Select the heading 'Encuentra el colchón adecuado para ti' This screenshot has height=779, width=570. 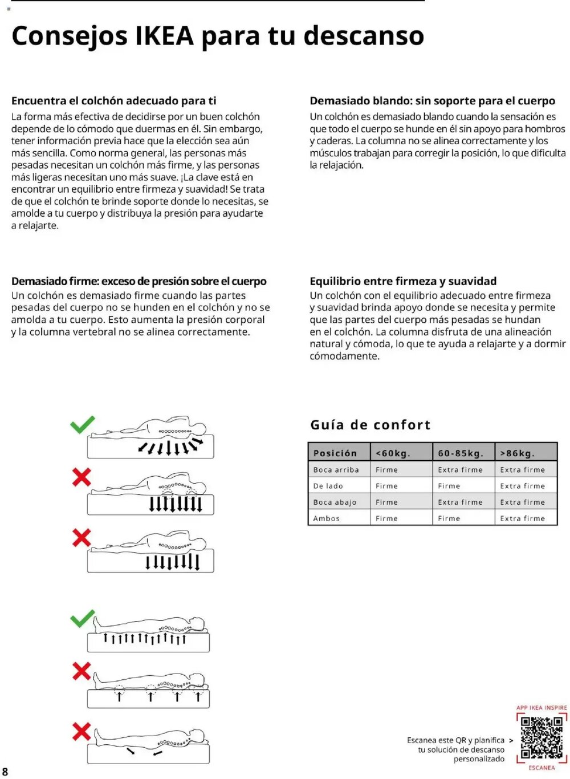tap(114, 101)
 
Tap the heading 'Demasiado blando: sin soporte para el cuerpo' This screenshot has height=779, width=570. tap(432, 101)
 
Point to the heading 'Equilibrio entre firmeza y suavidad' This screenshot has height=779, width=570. tap(403, 281)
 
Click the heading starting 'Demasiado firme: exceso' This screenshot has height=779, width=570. tap(139, 281)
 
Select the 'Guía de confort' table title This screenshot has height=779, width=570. tap(370, 425)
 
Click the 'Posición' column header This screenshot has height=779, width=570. tap(335, 453)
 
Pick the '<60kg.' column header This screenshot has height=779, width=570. tap(393, 453)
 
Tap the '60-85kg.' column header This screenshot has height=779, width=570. tap(461, 453)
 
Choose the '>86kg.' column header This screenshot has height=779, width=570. tap(518, 453)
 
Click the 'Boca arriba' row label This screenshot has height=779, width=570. tap(336, 470)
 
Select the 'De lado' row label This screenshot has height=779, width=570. tap(328, 486)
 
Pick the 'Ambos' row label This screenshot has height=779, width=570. tap(327, 518)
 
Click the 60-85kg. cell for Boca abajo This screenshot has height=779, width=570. tap(460, 502)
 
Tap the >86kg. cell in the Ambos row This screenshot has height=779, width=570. tap(522, 518)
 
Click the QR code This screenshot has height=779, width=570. tap(541, 737)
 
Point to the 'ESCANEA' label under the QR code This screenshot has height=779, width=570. tap(541, 768)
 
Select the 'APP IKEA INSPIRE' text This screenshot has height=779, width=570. tap(541, 708)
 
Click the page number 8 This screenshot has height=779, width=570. tap(5, 772)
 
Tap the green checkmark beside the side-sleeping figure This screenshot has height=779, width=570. tap(83, 425)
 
